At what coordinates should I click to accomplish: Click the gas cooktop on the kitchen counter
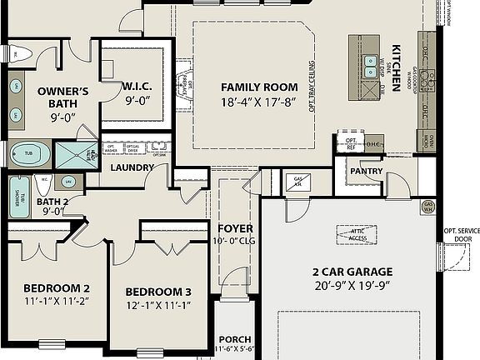(x=428, y=80)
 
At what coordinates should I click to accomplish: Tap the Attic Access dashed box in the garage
(x=357, y=236)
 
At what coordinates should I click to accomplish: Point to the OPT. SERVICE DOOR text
(x=461, y=234)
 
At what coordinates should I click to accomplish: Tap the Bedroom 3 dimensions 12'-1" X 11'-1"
(x=158, y=306)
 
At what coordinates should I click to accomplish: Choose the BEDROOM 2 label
(x=56, y=288)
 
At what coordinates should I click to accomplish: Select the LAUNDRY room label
(x=132, y=167)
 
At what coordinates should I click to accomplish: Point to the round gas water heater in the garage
(x=428, y=206)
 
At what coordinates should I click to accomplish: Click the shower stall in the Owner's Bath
(x=75, y=153)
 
